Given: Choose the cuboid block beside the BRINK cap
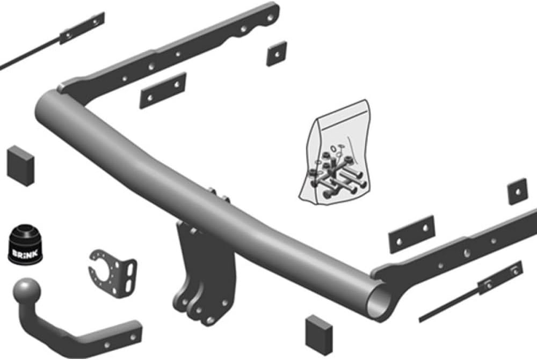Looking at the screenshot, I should [20, 164].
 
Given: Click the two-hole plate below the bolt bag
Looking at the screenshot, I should [411, 234].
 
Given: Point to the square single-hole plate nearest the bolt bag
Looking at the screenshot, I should [276, 53].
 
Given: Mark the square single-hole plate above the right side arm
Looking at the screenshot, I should [517, 191].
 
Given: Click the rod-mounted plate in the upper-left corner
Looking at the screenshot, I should [82, 28].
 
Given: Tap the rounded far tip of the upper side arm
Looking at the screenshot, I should [272, 11].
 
